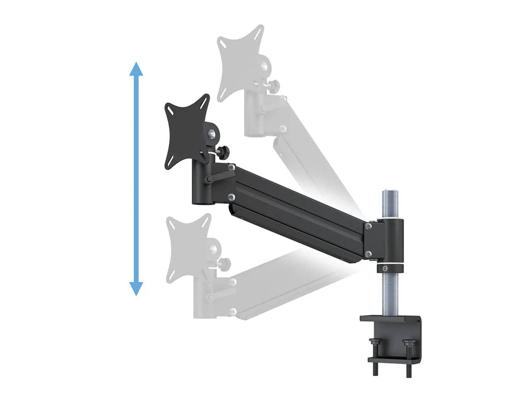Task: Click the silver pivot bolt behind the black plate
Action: pos(211,133)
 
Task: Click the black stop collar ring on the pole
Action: pos(390,268)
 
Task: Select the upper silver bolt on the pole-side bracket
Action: pos(368,226)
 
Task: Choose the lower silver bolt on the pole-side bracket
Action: pos(368,253)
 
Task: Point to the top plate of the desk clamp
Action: pos(389,318)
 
